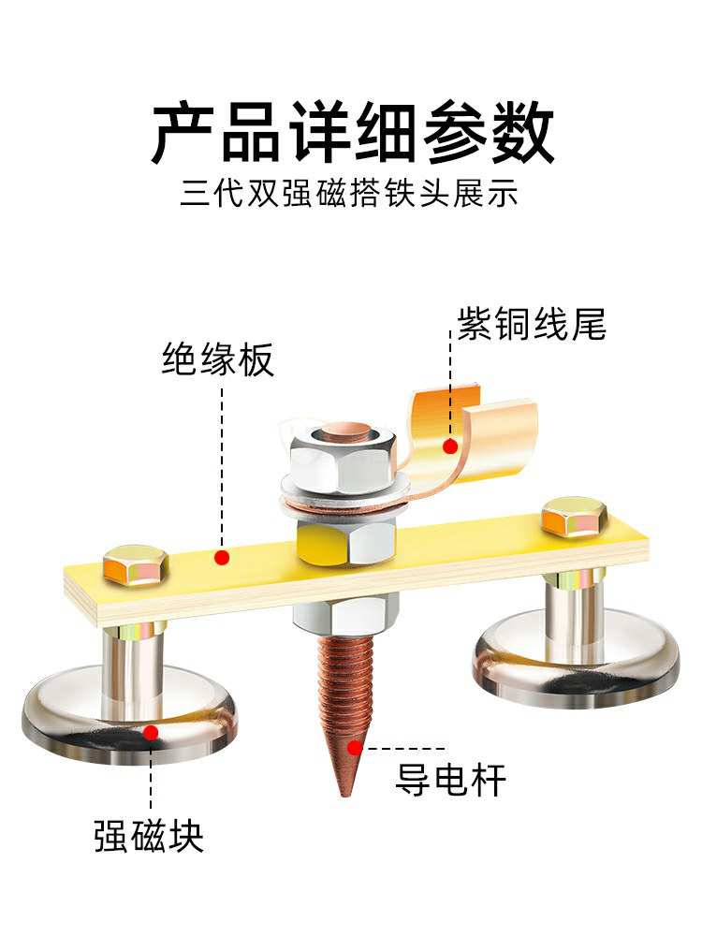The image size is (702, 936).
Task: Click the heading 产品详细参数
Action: (352, 133)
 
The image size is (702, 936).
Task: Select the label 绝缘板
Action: (218, 359)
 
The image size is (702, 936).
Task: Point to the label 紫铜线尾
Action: (532, 324)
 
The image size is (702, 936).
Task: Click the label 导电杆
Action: (450, 779)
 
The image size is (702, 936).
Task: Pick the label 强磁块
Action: (149, 834)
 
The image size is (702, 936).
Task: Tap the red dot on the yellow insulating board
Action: (222, 558)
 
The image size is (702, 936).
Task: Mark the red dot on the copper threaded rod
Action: (354, 747)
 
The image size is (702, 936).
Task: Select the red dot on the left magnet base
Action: (151, 734)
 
